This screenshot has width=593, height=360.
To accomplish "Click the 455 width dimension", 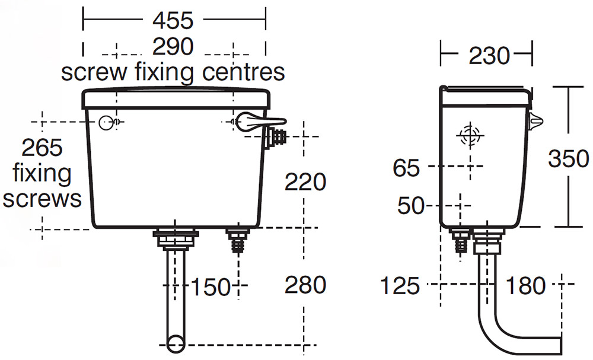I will pos(173,21).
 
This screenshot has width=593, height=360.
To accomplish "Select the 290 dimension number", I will pos(173,47).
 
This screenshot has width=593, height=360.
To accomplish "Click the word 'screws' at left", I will pos(42,198).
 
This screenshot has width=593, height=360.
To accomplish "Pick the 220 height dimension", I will pos(305,182).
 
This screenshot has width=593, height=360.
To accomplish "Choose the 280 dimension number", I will pos(305,285).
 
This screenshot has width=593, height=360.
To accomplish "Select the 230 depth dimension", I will pos(489,56).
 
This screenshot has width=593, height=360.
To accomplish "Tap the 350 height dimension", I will pos(568,159).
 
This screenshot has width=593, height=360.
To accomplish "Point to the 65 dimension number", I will pos(406,168).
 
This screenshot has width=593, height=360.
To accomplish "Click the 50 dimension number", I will pos(411,206).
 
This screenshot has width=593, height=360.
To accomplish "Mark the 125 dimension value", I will pos(400,286).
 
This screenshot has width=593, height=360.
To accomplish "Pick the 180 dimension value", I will pos(525,286).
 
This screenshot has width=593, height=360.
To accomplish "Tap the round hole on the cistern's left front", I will pos(105,122).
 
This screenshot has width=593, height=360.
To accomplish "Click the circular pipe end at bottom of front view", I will pos(176,343).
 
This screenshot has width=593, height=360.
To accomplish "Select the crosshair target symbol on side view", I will pos(468,135).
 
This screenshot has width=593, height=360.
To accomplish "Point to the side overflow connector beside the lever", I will pos(276,137).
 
